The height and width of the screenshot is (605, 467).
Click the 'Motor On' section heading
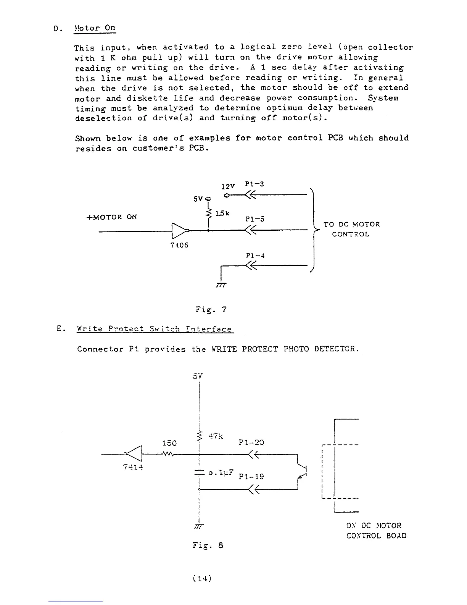[x=95, y=28]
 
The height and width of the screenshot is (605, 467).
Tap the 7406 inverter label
[x=179, y=245]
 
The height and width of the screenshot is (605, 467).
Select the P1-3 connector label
[x=255, y=184]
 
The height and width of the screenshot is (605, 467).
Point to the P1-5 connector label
[x=255, y=219]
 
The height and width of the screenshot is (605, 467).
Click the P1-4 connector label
[x=255, y=256]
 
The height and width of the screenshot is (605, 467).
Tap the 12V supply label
[x=227, y=186]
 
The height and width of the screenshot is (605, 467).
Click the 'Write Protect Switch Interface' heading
[x=154, y=329]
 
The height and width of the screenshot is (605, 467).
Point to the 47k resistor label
[x=216, y=436]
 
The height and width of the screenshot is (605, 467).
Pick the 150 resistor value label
[x=169, y=443]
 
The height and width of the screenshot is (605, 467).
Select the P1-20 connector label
[x=251, y=442]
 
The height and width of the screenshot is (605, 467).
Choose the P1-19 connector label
[x=251, y=476]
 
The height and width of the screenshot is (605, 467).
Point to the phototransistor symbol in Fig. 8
[x=303, y=471]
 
